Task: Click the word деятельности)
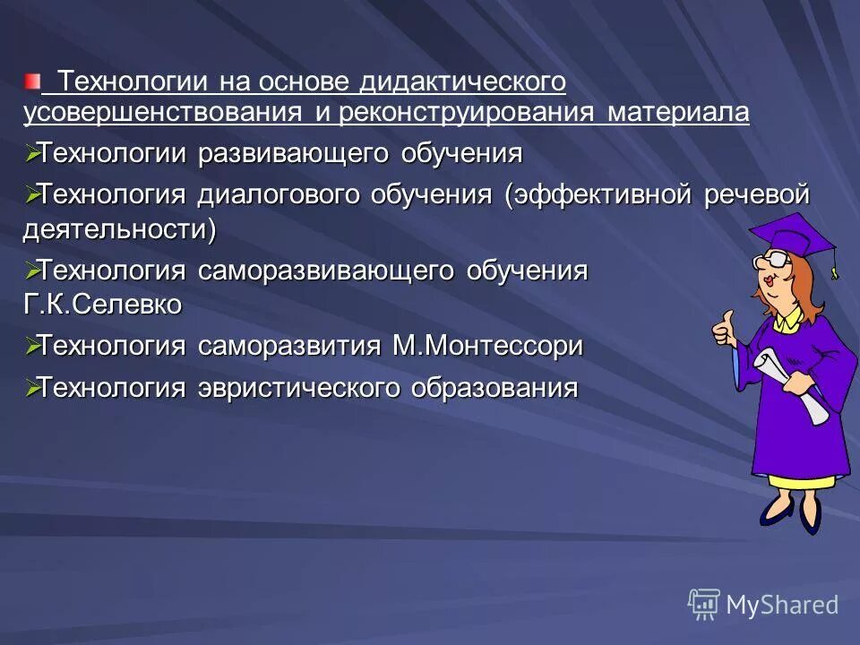coord(120,228)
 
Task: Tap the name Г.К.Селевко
coord(102,305)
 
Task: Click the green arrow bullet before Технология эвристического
coord(32,387)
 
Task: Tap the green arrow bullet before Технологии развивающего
coord(32,153)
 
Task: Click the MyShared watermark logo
coord(763,605)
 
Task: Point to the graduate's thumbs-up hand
coord(723,328)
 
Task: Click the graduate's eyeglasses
coord(772,261)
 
